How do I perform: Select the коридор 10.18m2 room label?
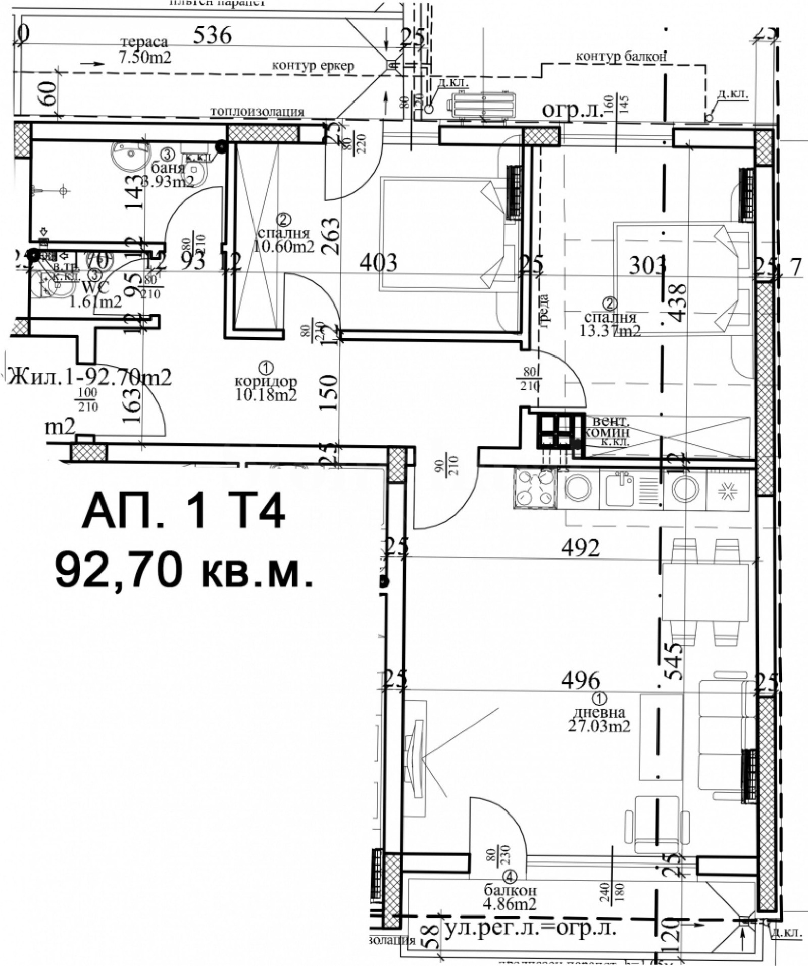point(266,387)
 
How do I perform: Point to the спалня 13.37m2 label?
point(612,324)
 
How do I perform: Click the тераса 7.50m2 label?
point(144,49)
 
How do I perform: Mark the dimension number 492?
point(580,547)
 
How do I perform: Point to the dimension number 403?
point(378,262)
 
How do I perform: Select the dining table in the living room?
point(705,593)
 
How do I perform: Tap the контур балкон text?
point(621,57)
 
